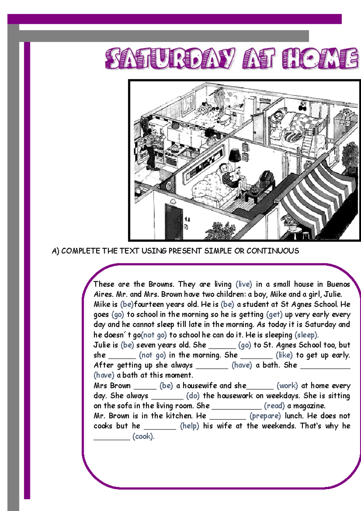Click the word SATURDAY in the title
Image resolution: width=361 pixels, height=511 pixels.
coord(170,59)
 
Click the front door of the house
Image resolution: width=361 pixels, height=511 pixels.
coord(174,220)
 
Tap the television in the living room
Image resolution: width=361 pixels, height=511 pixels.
coord(267,179)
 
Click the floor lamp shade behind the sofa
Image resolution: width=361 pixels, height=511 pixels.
coord(235,155)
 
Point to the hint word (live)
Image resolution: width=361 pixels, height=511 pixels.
coord(244,284)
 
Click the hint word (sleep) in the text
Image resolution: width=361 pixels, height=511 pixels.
coord(307,335)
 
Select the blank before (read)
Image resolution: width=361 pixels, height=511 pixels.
coord(236,406)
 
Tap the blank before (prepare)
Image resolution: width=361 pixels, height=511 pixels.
coord(227,416)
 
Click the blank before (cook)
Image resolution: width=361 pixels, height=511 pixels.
coord(112,437)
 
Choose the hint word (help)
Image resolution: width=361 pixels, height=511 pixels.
coord(190,426)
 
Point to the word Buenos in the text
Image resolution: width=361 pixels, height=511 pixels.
coord(338,284)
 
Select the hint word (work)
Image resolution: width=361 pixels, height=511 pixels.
coord(287,386)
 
